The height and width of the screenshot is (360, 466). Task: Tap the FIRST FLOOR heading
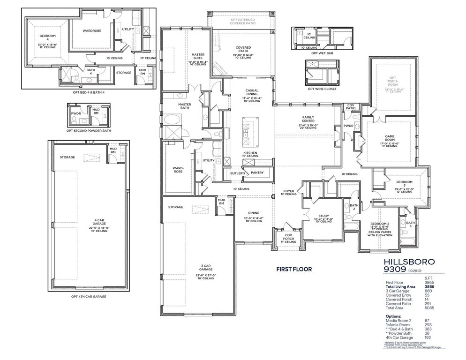[x=293, y=270]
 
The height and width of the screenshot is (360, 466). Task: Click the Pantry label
[x=257, y=172]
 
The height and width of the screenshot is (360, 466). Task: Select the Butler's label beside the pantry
[x=238, y=173]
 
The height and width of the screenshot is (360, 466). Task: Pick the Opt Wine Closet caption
[x=322, y=89]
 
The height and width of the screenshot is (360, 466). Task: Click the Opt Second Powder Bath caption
[x=89, y=131]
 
